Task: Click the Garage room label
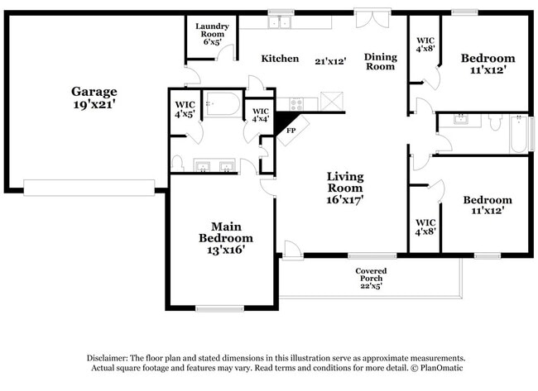[94, 91]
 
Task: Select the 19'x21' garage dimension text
[94, 105]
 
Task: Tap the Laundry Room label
[212, 31]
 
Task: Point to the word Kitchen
[280, 59]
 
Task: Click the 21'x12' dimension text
[330, 60]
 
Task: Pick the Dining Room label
[381, 62]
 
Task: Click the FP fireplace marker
[291, 131]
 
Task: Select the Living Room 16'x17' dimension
[345, 198]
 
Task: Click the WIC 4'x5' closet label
[185, 109]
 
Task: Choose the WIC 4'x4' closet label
[261, 115]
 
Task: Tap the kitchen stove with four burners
[295, 103]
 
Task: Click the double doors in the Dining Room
[370, 18]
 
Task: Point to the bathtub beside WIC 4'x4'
[222, 105]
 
